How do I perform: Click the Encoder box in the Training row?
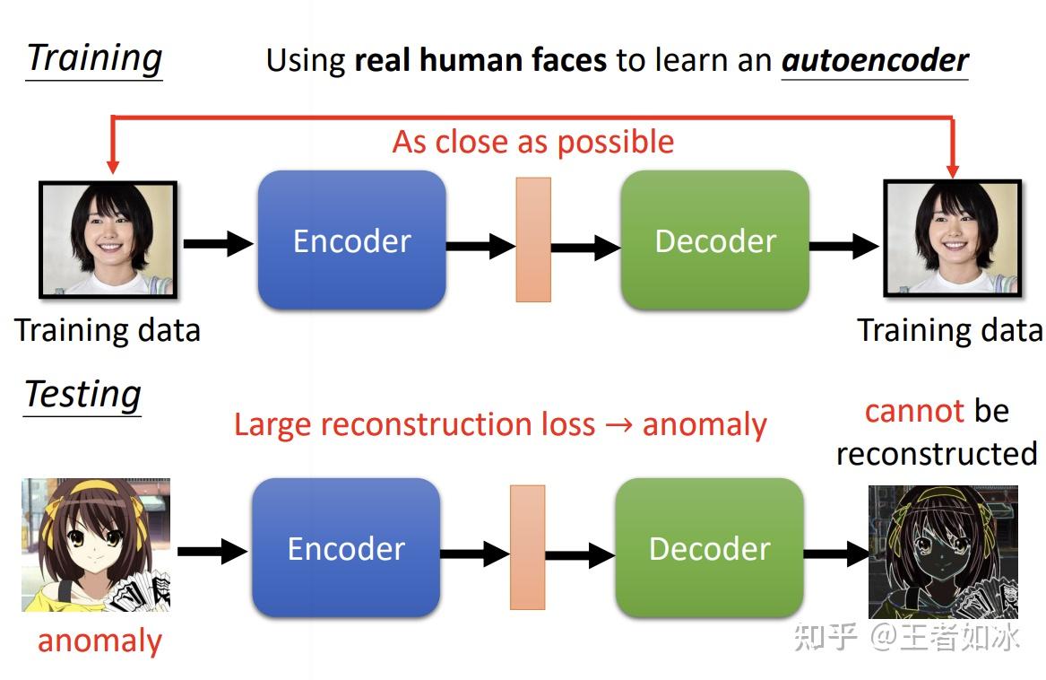(x=351, y=240)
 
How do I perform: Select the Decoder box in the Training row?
(x=714, y=240)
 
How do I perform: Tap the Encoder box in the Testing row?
(x=346, y=548)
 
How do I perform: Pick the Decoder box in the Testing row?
(x=709, y=548)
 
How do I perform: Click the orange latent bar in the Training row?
(x=533, y=240)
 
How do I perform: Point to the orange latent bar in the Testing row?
(x=528, y=547)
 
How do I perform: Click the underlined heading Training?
(x=94, y=58)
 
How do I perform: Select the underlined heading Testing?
(x=82, y=394)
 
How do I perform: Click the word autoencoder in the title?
(x=875, y=60)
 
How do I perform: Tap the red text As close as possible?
(x=533, y=142)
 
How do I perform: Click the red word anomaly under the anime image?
(x=99, y=641)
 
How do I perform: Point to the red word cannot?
(x=914, y=411)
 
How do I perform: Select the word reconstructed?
(x=937, y=453)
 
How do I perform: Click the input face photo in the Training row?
(x=108, y=240)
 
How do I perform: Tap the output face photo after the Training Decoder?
(x=953, y=239)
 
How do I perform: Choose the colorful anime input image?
(x=96, y=545)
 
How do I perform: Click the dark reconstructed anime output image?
(x=944, y=552)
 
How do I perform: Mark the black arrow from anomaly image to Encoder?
(x=212, y=551)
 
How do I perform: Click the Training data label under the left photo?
(x=108, y=330)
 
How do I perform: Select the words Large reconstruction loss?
(x=414, y=423)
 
